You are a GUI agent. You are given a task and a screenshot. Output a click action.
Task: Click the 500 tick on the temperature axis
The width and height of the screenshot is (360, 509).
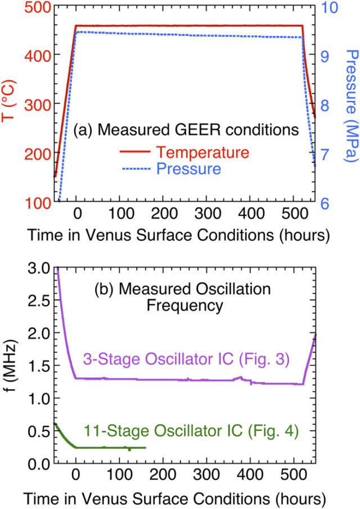click(37, 8)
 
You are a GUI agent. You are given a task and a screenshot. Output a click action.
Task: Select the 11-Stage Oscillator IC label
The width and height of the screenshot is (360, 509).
click(191, 431)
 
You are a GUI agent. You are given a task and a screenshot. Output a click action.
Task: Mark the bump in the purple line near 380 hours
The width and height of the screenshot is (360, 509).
click(241, 377)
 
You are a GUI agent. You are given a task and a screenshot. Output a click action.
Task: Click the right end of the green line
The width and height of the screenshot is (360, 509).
click(146, 448)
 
